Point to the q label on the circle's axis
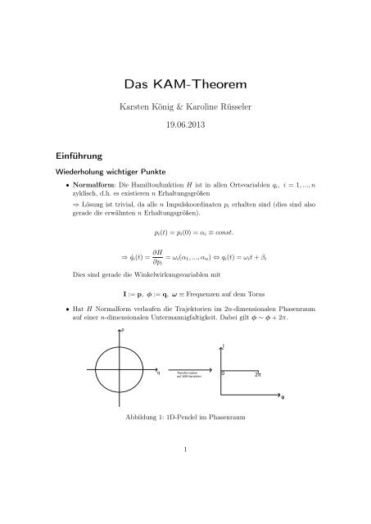click(x=158, y=374)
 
